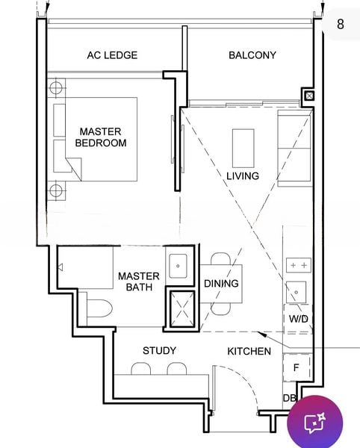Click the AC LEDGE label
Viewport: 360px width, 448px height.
112,55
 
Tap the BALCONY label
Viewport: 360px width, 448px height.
252,55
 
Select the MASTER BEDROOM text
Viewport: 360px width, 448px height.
101,137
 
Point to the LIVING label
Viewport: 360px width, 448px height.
243,176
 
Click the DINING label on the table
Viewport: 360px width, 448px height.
221,284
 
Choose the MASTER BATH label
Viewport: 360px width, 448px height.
139,281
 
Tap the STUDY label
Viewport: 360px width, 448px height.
159,351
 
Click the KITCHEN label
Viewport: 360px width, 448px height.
249,352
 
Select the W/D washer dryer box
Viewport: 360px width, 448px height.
298,319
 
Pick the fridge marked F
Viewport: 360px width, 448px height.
297,367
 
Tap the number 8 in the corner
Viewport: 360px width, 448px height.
341,24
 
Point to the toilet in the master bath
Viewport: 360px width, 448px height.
99,308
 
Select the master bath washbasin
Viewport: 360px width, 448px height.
178,267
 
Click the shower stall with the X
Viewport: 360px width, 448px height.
182,309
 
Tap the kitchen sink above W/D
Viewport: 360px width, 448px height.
297,292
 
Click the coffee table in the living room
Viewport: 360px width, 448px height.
243,148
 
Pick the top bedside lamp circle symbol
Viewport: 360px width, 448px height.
56,87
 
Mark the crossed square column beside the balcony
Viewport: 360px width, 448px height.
309,96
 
